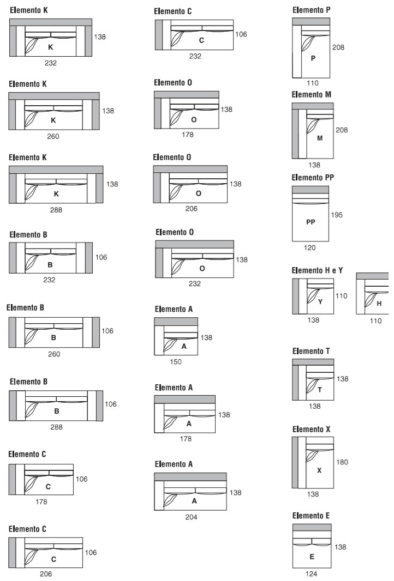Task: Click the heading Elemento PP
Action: [313, 178]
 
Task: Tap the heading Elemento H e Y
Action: [317, 270]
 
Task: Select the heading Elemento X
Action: [311, 429]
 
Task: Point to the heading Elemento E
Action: [311, 516]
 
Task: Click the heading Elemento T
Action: [311, 351]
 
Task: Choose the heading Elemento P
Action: [311, 10]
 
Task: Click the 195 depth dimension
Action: [337, 215]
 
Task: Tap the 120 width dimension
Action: [310, 247]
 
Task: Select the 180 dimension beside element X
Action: [342, 462]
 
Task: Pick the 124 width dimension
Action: [311, 573]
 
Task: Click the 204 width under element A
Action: [191, 517]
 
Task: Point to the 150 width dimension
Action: [176, 362]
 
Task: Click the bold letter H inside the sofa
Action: [379, 304]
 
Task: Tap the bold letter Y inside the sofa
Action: [320, 301]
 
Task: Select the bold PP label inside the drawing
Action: [311, 222]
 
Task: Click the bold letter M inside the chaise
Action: [320, 138]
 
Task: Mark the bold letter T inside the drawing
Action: [320, 390]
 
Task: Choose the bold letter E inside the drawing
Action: [312, 556]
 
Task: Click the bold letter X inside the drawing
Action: [319, 470]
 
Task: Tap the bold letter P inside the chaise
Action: [313, 58]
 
